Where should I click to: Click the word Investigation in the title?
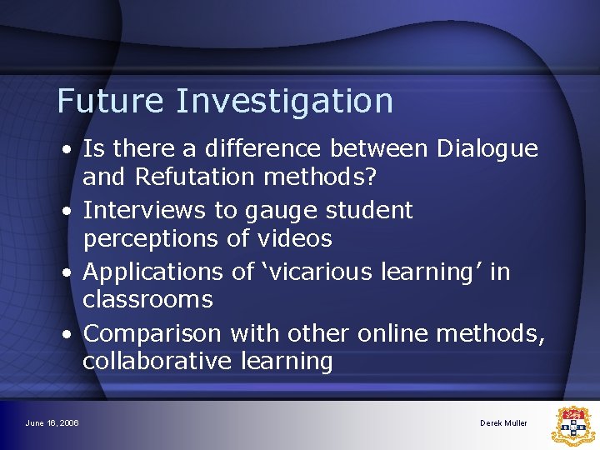point(284,102)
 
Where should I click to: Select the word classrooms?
point(147,300)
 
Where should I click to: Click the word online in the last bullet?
point(395,333)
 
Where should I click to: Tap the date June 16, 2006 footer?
point(52,423)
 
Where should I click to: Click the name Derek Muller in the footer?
point(503,423)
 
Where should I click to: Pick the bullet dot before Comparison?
point(65,334)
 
